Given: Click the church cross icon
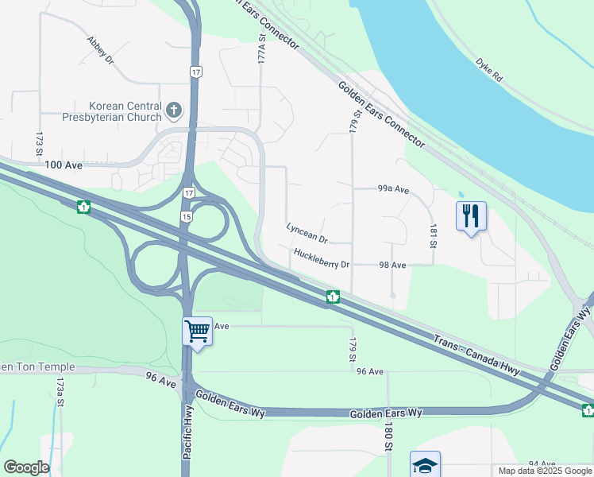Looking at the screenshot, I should point(173,110).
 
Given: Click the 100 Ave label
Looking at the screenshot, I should point(64,165).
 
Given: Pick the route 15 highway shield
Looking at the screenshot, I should point(186,217).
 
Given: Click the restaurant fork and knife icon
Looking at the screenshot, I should point(471,215).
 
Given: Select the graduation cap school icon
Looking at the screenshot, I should point(425,465).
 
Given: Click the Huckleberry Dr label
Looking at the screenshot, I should point(322,259).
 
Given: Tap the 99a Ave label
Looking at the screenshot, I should point(392,190).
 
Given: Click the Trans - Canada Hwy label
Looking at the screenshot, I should point(476,355).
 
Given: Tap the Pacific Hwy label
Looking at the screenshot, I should point(187,443).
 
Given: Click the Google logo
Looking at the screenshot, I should point(26,467).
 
